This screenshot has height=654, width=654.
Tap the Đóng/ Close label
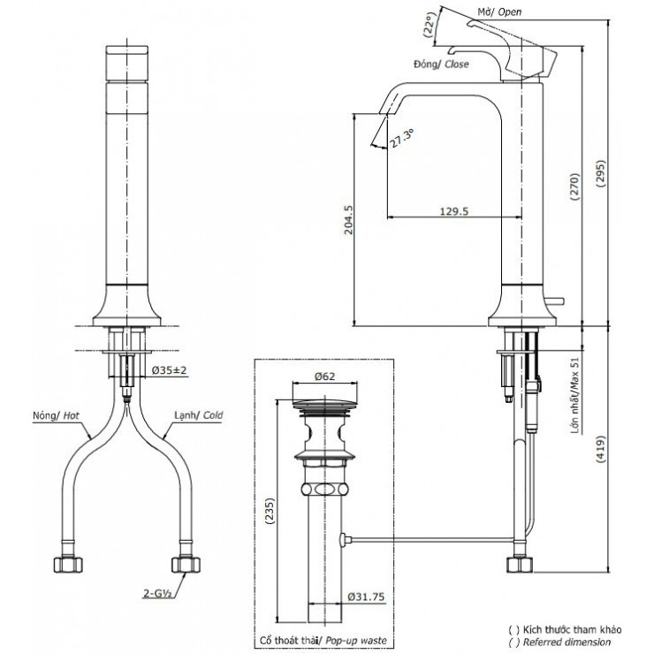tap(440, 65)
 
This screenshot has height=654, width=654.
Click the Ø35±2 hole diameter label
tap(169, 369)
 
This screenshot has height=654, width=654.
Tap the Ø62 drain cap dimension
tap(324, 376)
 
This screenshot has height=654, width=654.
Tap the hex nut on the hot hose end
tap(65, 563)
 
